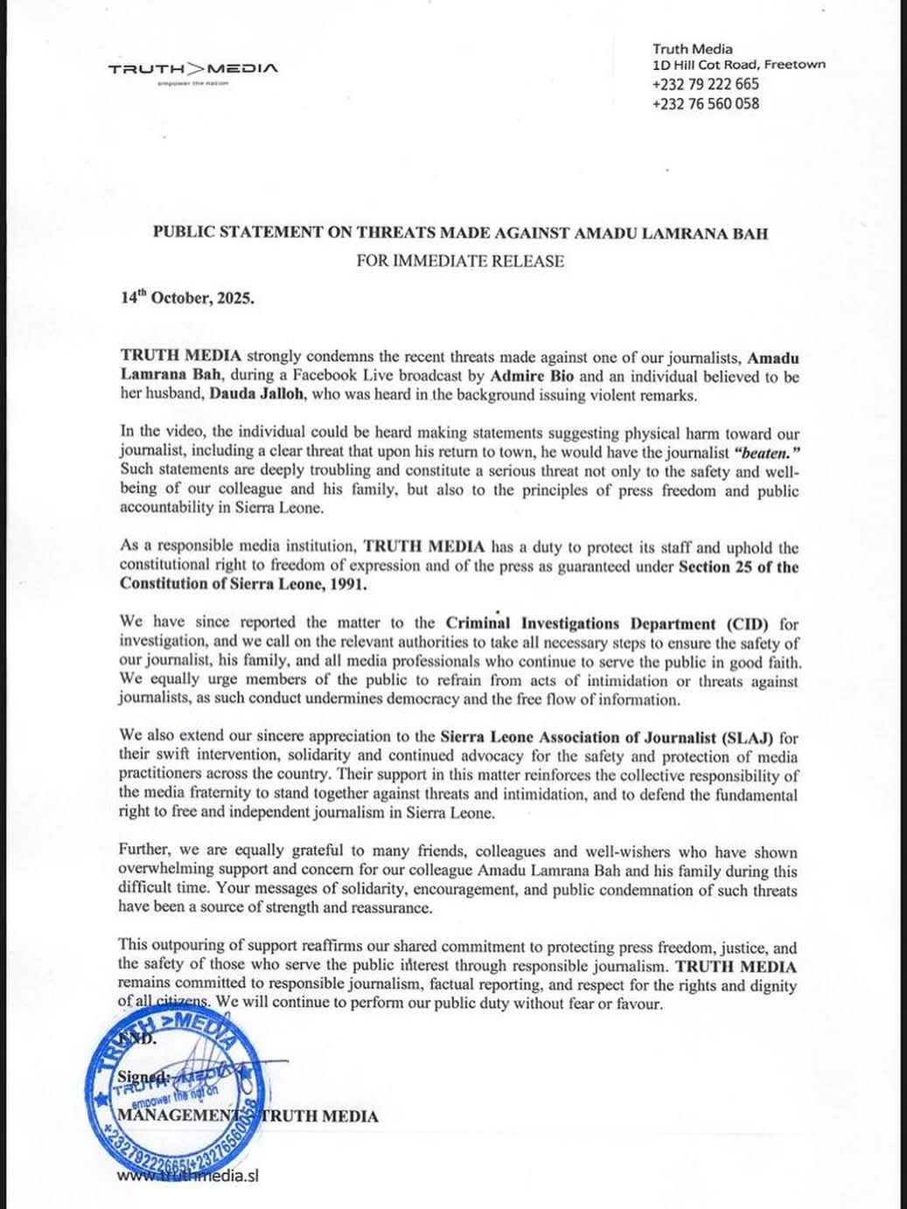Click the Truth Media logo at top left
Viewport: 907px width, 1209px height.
193,68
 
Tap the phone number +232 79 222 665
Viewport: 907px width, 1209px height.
705,84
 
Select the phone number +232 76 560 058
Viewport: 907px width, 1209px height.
705,103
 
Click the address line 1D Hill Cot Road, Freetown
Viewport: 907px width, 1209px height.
738,65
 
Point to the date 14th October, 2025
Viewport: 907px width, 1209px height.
187,297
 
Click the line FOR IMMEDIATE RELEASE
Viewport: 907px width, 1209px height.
460,261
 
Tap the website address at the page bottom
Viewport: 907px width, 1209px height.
188,1176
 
